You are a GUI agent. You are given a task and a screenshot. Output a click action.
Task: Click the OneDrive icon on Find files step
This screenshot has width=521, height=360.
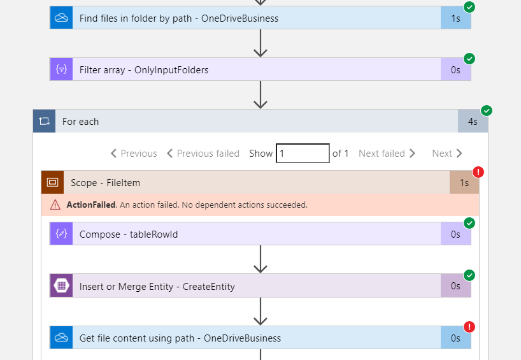click(62, 18)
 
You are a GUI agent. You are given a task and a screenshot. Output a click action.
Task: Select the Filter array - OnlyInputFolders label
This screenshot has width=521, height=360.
click(144, 70)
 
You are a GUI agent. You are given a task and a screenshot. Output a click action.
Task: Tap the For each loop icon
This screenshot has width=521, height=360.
click(44, 121)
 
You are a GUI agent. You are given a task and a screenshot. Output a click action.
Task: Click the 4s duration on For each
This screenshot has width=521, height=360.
click(473, 121)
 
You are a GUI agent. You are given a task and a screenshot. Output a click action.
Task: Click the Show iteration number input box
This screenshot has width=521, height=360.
click(303, 154)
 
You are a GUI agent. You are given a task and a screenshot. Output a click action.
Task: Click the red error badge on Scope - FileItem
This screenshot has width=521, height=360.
click(478, 172)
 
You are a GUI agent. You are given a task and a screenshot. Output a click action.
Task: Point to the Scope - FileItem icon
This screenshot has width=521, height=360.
click(52, 182)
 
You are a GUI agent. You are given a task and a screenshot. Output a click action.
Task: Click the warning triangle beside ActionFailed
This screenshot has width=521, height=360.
click(55, 205)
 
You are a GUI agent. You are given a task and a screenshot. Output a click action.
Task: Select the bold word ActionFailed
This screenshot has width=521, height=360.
click(91, 205)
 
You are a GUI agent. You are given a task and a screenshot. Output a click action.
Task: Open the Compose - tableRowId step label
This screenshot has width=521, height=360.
click(129, 234)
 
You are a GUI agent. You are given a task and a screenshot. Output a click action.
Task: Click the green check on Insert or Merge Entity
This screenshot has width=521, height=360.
click(469, 275)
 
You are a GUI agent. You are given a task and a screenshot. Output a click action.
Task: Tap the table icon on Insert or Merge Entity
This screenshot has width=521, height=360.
click(62, 285)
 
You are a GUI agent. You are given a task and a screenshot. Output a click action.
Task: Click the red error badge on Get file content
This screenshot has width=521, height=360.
click(469, 327)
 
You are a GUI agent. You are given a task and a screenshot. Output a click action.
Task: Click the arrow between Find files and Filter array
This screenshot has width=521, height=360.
click(260, 43)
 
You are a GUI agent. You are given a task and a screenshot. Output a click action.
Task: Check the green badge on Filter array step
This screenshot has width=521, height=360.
click(469, 59)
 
